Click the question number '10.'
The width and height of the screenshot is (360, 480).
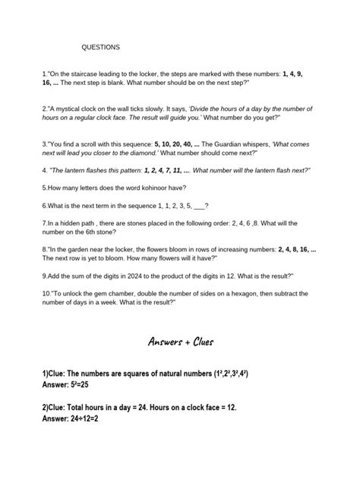tap(47, 293)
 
